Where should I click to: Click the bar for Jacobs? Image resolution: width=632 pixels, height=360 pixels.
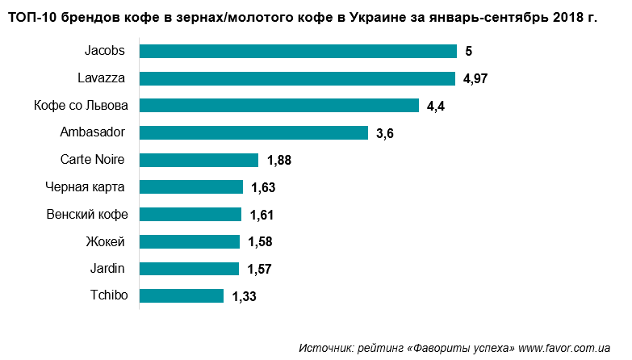(299, 52)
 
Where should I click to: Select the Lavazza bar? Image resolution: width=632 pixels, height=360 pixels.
(298, 78)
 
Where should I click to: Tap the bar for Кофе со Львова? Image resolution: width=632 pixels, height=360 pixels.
(279, 106)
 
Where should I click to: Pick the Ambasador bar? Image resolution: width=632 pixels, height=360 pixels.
(253, 133)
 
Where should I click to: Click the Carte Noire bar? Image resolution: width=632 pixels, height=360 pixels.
(199, 160)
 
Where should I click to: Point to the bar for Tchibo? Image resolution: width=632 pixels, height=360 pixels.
(182, 296)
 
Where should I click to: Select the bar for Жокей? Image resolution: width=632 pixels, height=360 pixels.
(190, 241)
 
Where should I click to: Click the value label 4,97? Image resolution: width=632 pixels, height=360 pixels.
(478, 79)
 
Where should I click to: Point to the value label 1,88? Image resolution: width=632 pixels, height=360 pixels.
(278, 161)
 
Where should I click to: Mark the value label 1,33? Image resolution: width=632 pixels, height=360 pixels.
(244, 297)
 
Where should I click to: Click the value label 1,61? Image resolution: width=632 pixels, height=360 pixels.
(262, 215)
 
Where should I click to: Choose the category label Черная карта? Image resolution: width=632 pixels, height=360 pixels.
(85, 187)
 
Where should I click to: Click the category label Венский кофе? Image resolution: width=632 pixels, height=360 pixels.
(88, 215)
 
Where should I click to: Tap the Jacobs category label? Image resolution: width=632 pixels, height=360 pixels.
(105, 52)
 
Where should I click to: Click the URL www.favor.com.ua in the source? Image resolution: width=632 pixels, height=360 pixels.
(564, 348)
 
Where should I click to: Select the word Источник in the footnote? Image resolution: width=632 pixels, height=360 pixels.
(324, 348)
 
